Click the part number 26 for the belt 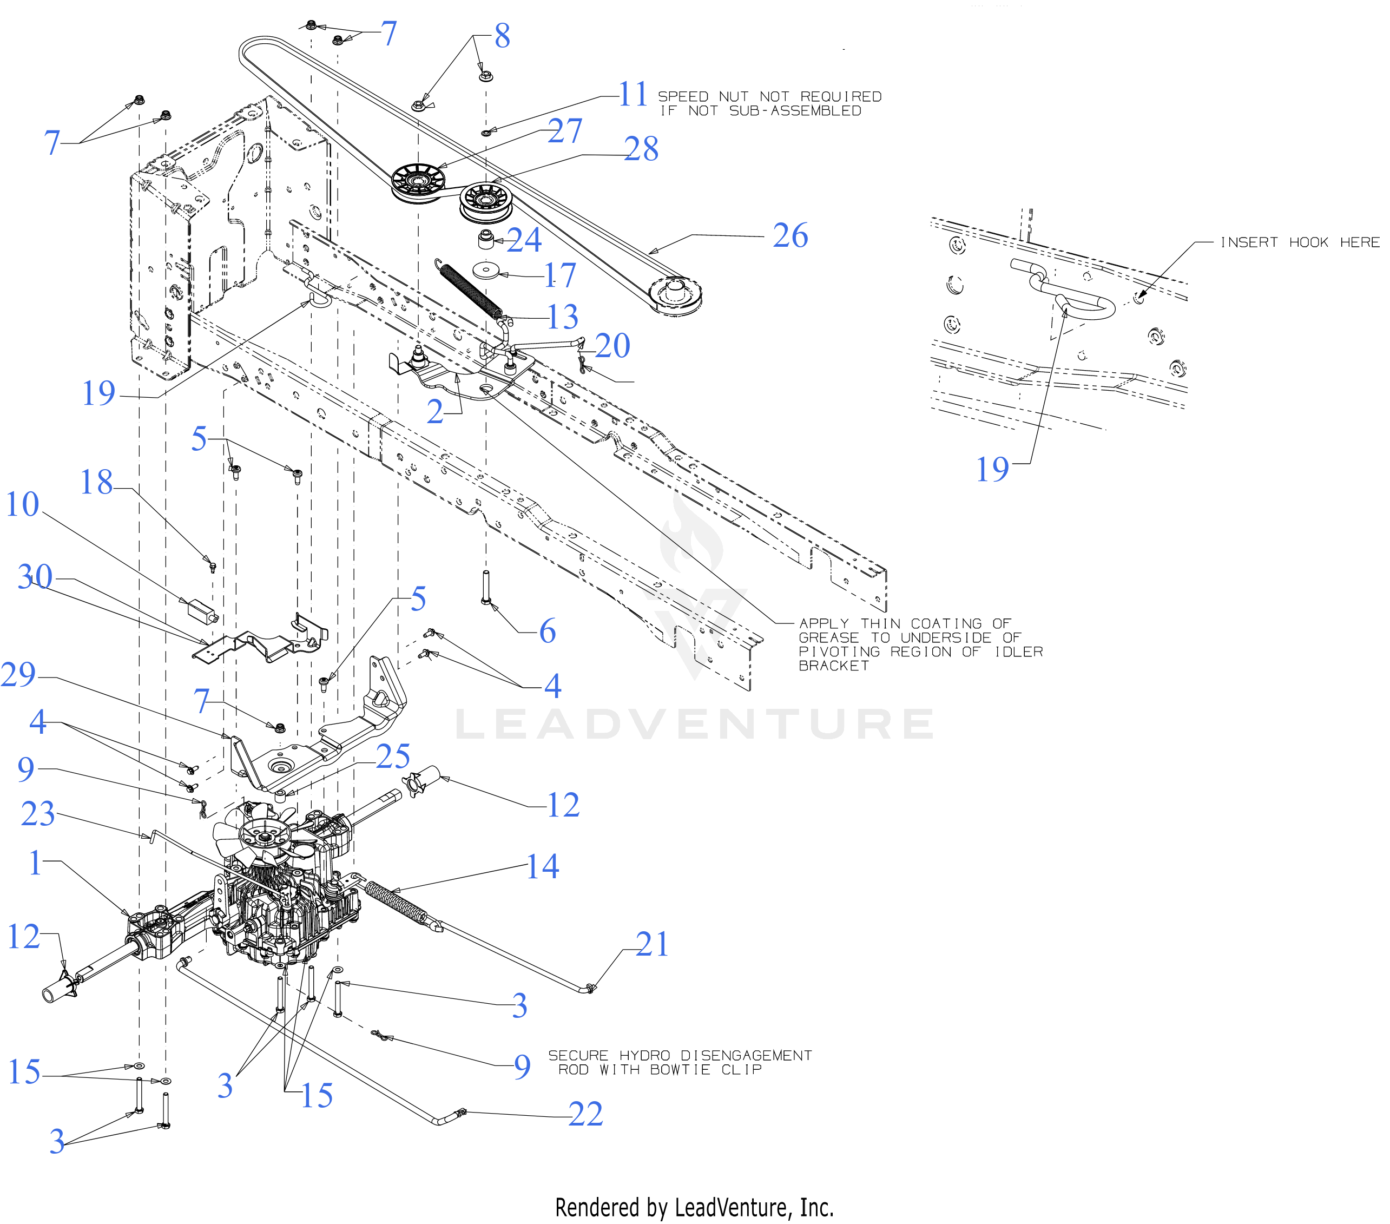pos(790,236)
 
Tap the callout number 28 pos(641,149)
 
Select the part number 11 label pos(633,95)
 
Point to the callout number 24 pos(524,240)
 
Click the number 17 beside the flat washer pos(559,275)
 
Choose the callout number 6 pos(548,631)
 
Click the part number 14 pos(543,866)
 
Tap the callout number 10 pos(22,504)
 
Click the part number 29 pos(18,675)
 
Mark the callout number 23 pos(37,814)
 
